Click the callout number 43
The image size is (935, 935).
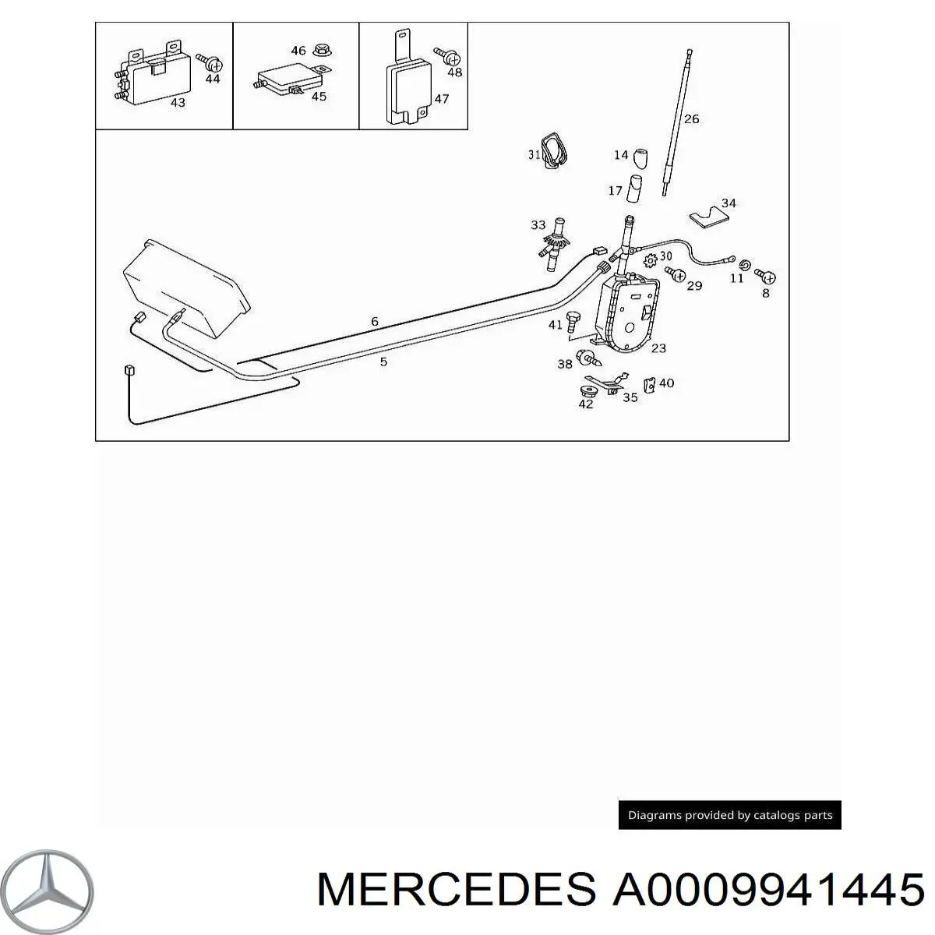coord(178,102)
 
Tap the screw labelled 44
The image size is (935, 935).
coord(210,62)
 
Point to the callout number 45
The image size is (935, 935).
coord(319,96)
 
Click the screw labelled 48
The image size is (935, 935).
coord(447,56)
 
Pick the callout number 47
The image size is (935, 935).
coord(441,99)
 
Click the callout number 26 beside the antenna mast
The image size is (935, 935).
coord(691,119)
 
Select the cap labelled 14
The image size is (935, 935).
coord(641,158)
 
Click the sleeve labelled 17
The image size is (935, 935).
coord(634,189)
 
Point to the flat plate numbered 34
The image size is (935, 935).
coord(709,217)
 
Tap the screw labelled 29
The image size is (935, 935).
coord(675,273)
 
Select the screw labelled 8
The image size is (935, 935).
coord(765,276)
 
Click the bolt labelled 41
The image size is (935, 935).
coord(573,322)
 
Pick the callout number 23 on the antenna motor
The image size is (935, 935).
coord(658,348)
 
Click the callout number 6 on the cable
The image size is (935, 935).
coord(375,321)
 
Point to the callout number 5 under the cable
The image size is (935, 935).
coord(383,362)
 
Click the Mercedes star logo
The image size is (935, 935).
coord(47,891)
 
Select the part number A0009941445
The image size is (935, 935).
coord(768,889)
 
